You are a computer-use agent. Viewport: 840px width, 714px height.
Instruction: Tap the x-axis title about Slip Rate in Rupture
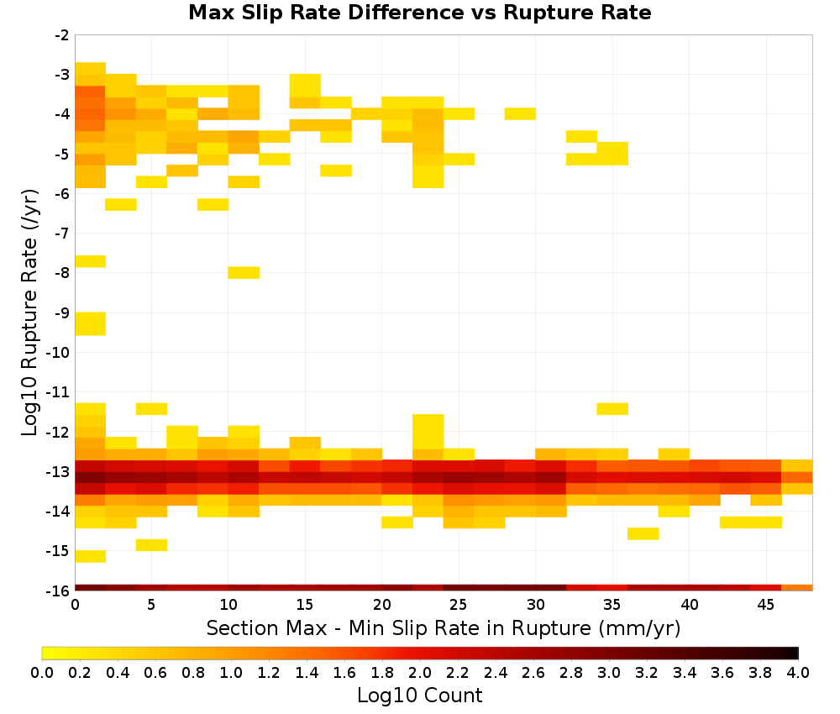pyautogui.click(x=443, y=627)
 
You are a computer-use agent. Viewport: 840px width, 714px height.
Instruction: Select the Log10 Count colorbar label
pyautogui.click(x=419, y=696)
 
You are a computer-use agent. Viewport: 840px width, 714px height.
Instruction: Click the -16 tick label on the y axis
pyautogui.click(x=59, y=591)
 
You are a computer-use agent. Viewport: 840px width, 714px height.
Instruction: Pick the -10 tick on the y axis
pyautogui.click(x=59, y=353)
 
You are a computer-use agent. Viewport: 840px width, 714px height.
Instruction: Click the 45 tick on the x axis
pyautogui.click(x=766, y=605)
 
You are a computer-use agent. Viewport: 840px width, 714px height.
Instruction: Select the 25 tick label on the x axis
pyautogui.click(x=459, y=605)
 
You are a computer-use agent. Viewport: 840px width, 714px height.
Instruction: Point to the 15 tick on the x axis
pyautogui.click(x=305, y=605)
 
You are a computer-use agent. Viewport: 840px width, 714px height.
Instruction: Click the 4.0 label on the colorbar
pyautogui.click(x=798, y=672)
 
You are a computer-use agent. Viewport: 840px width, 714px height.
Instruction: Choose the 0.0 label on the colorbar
pyautogui.click(x=42, y=672)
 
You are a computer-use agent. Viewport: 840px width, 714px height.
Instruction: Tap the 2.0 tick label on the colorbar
pyautogui.click(x=420, y=672)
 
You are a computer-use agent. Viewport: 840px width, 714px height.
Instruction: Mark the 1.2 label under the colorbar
pyautogui.click(x=269, y=672)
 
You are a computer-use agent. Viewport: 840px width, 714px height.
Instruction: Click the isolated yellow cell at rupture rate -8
pyautogui.click(x=244, y=273)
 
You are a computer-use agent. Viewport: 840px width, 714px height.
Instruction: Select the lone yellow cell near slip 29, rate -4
pyautogui.click(x=520, y=113)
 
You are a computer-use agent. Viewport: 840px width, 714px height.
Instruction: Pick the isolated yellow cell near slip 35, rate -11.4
pyautogui.click(x=612, y=409)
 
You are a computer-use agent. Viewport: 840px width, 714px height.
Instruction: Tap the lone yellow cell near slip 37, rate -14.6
pyautogui.click(x=643, y=533)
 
